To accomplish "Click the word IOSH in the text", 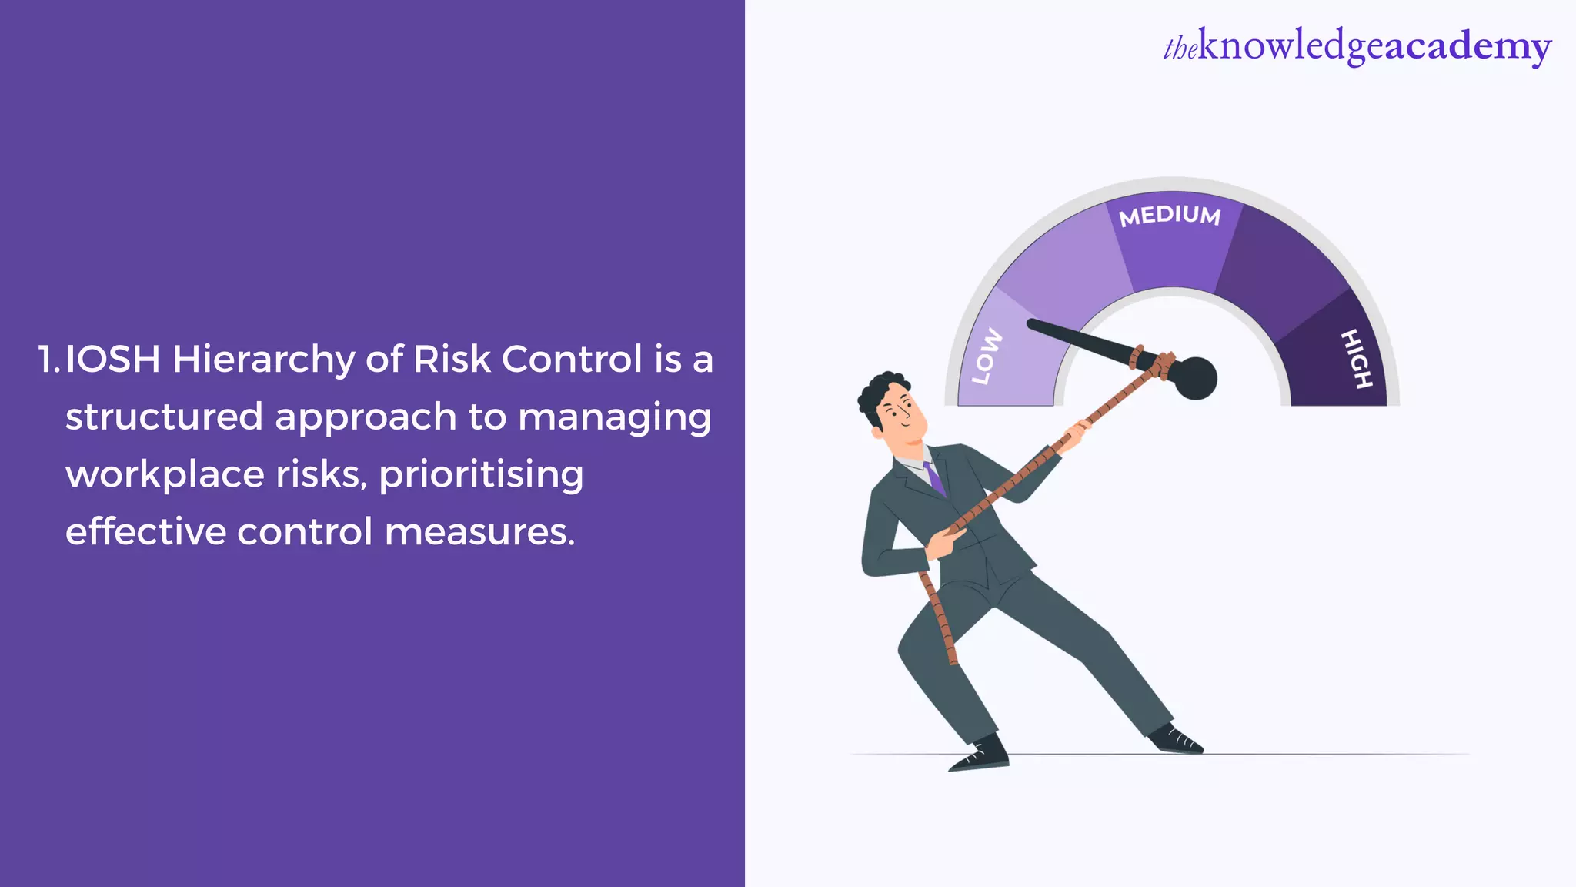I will tap(112, 360).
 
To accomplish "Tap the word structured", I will tap(164, 417).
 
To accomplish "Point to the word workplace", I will tap(165, 475).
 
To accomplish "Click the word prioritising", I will tap(481, 475).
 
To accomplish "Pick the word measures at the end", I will tap(479, 532).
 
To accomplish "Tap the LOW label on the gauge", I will tap(987, 356).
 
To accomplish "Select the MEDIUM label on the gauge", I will tap(1170, 216).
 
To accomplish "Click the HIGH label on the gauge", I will tap(1356, 358).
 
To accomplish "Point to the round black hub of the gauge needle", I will tap(1194, 378).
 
